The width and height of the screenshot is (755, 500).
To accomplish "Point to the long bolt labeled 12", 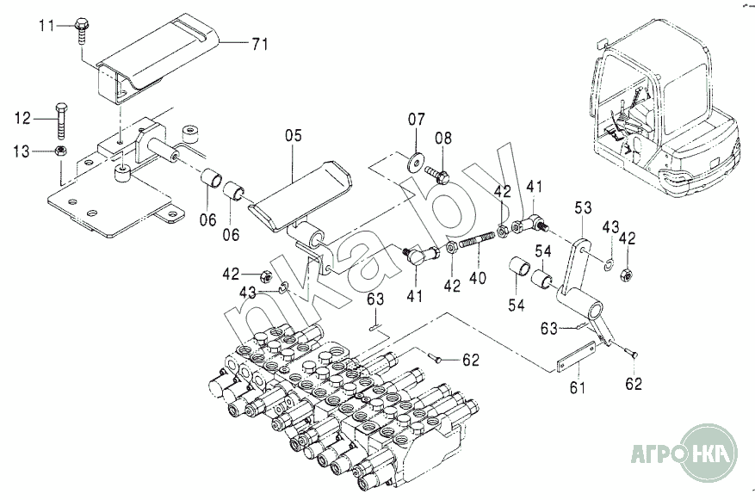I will (61, 120).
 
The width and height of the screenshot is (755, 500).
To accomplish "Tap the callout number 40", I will (477, 277).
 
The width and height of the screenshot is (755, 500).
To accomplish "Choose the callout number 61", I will (577, 387).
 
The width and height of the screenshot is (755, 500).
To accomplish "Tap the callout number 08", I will (442, 138).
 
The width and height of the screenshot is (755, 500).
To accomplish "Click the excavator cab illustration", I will (663, 103).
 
